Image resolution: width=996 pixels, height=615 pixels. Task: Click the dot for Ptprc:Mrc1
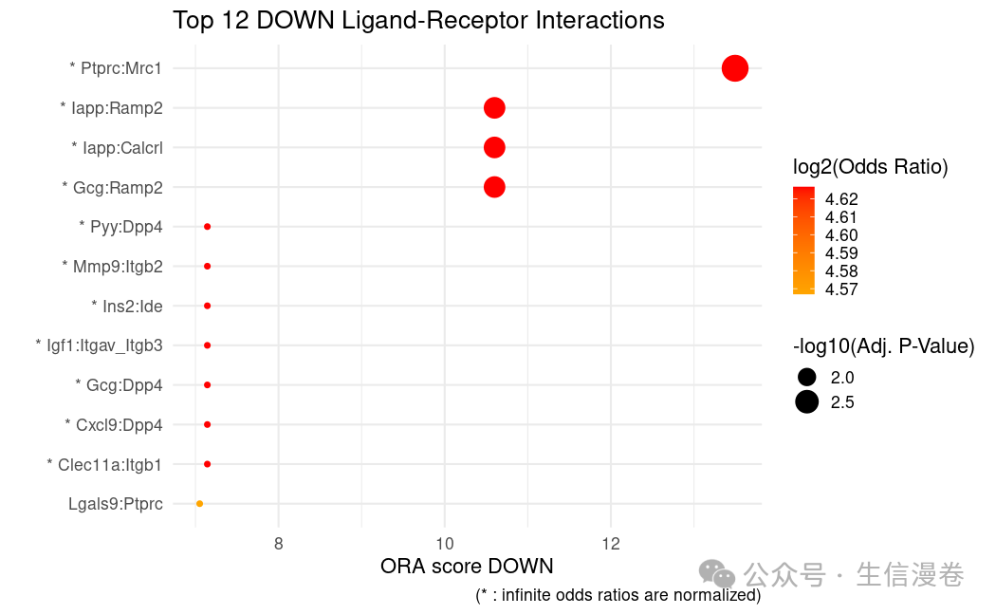point(735,68)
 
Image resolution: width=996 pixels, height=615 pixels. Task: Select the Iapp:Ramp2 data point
point(494,108)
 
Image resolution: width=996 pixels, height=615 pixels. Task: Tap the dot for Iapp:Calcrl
point(494,147)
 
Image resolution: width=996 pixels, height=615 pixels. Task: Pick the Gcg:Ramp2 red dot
point(494,187)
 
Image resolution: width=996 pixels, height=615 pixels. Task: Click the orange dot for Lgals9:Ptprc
point(199,504)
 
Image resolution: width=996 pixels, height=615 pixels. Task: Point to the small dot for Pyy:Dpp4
point(207,227)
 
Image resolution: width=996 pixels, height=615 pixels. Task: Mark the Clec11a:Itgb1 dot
point(207,464)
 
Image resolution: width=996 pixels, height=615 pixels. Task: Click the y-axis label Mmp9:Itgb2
point(112,267)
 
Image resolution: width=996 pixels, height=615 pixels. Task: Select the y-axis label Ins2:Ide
point(126,306)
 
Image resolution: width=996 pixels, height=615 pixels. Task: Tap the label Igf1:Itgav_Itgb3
point(99,345)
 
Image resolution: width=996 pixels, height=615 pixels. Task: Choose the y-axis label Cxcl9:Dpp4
point(114,424)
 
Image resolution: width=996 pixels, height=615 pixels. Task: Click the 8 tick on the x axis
point(278,544)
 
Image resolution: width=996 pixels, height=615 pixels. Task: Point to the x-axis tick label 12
point(610,544)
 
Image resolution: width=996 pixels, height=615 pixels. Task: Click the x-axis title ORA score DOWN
point(467,567)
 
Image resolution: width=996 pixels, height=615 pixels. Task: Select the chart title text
point(418,20)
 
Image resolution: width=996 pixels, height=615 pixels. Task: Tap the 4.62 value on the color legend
point(841,199)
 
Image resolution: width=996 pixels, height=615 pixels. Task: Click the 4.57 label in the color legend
point(841,289)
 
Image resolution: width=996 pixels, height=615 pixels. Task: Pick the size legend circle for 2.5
point(806,402)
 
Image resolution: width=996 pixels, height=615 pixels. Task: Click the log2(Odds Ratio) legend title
point(871,167)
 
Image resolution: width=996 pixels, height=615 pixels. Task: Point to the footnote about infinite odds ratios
point(618,596)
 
